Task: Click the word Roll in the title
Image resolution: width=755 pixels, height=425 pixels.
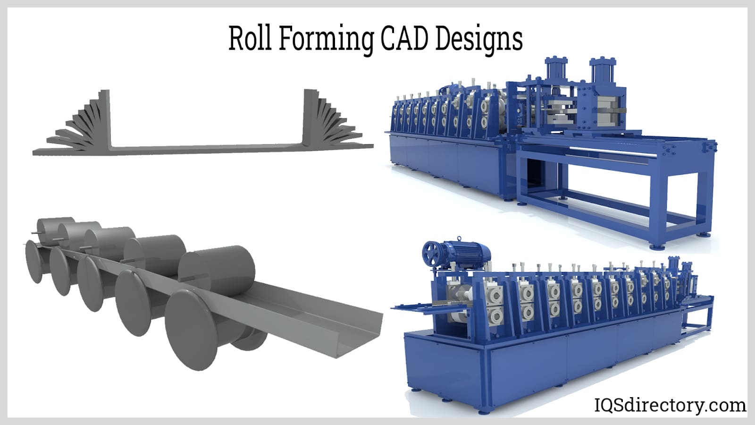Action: point(250,38)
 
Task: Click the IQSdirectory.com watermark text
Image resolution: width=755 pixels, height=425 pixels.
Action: point(670,405)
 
